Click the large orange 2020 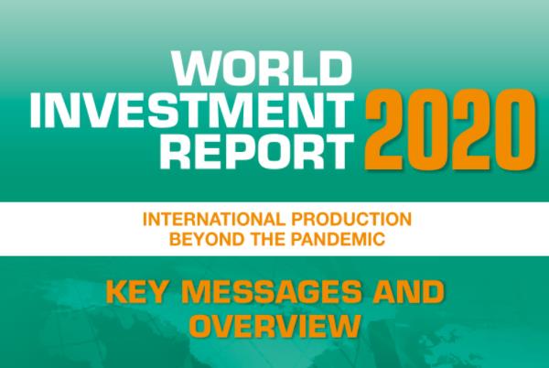tap(453, 128)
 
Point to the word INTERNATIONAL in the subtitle tap(212, 221)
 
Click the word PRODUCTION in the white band tap(349, 221)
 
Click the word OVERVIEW tap(274, 327)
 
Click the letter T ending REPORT tap(339, 153)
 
